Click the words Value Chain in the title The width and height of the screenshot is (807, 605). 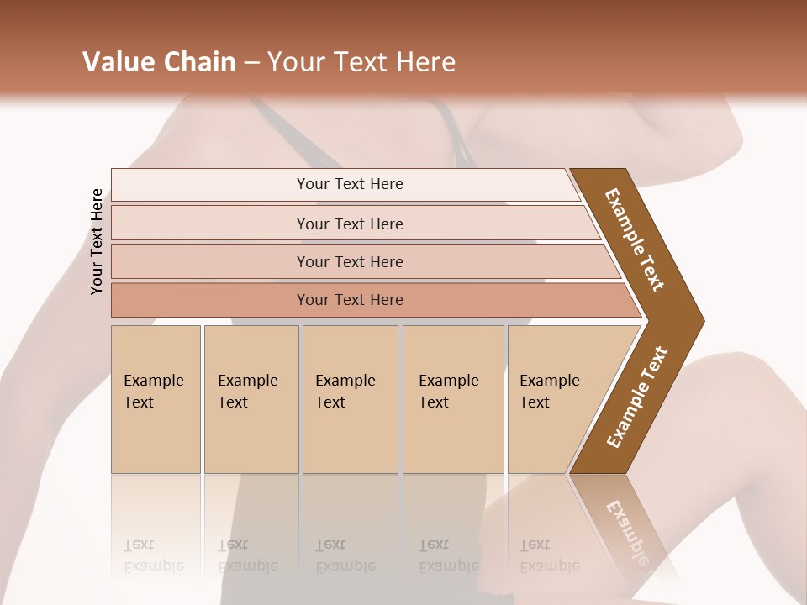tap(159, 62)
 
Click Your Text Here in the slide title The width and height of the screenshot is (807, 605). tap(361, 62)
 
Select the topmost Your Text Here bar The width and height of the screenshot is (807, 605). tap(350, 184)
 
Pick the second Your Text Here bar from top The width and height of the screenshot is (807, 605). tap(350, 224)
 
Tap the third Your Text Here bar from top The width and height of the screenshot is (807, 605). tap(350, 261)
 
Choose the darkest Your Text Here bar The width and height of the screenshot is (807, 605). tap(350, 300)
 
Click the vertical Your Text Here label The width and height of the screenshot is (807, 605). tap(97, 241)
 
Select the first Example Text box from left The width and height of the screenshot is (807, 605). tap(156, 399)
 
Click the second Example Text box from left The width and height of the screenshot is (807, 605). tap(251, 399)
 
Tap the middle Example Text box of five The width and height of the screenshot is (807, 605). tap(350, 399)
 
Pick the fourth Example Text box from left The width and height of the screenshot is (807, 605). tap(452, 399)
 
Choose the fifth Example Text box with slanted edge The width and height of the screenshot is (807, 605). tap(555, 399)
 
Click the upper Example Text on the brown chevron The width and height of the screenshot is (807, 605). tap(636, 240)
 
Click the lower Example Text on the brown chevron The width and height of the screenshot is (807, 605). tap(637, 397)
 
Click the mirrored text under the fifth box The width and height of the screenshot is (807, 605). tap(549, 555)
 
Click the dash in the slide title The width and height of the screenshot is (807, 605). tap(251, 63)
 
